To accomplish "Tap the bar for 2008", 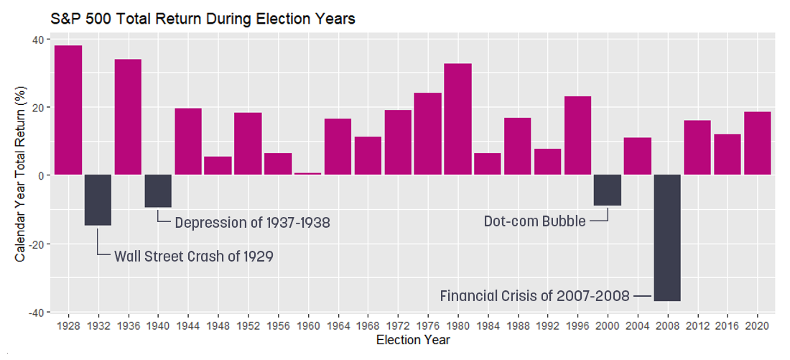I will click(667, 238).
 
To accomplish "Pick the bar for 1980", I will click(457, 119).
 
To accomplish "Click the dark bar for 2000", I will click(608, 190).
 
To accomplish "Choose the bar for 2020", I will click(757, 143).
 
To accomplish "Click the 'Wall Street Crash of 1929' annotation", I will click(194, 256).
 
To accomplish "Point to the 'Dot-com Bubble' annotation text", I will click(534, 221).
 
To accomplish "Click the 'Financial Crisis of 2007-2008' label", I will click(534, 295).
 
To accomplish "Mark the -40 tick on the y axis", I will click(34, 312).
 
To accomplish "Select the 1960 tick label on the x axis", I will click(308, 326).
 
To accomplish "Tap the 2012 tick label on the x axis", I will click(697, 326).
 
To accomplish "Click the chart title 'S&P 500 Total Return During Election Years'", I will click(203, 19).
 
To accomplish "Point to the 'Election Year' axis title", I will click(413, 340).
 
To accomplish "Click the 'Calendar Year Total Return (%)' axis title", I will click(21, 175).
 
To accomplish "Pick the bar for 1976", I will click(427, 134).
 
